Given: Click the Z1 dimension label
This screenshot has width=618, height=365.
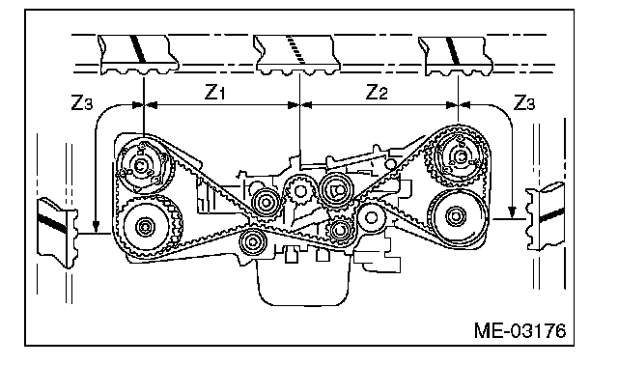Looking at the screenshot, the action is tap(214, 92).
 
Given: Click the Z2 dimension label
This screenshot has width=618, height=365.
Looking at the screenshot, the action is tap(377, 92).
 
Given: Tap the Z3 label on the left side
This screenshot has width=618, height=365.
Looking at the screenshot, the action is tap(81, 102).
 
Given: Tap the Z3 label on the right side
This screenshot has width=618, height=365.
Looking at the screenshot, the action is tap(524, 102).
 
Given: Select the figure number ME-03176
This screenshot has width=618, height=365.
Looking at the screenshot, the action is tap(520, 330).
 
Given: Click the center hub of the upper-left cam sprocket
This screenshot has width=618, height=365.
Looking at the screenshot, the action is tap(140, 166).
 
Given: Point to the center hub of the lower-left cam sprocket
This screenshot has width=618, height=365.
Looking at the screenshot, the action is tap(145, 227).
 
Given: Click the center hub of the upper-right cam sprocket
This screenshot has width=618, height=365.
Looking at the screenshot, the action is tap(460, 156).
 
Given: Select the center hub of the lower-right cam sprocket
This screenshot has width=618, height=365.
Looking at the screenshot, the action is tap(456, 216).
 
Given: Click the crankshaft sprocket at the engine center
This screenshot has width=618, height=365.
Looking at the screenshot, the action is tap(300, 191).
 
